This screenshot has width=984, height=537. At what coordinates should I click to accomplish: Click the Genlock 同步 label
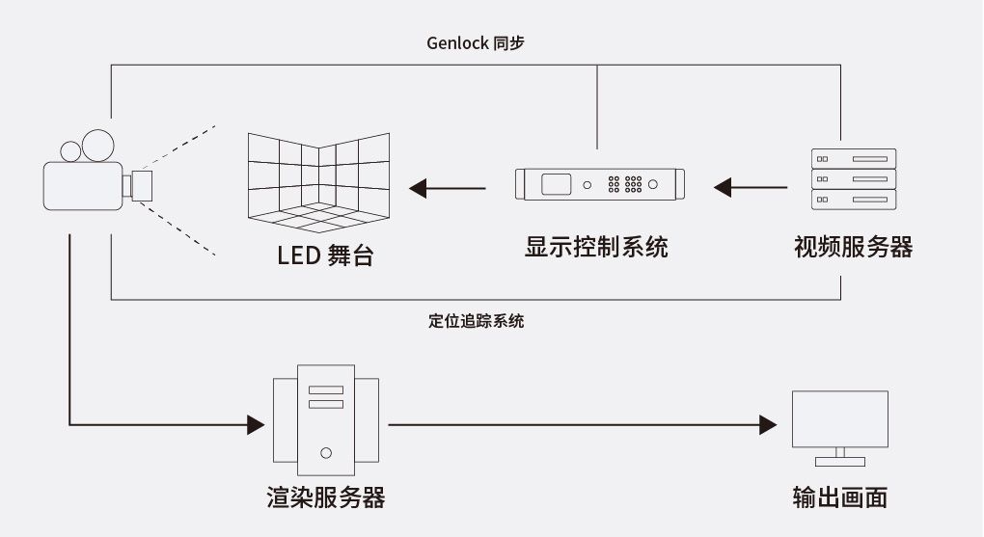point(475,43)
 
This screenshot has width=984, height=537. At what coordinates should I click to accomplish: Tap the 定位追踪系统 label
point(477,321)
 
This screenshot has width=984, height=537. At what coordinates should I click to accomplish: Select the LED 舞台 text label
point(326,255)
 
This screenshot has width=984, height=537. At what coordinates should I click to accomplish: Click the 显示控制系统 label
point(596,247)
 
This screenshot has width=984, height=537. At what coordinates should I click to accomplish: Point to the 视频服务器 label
point(853,247)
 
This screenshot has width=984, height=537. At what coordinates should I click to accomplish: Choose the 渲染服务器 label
point(326,497)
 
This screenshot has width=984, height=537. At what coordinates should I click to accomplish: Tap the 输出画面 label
point(840,497)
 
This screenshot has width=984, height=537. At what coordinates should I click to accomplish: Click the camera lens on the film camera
point(142,186)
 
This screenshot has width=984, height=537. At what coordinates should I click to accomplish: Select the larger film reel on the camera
point(97,146)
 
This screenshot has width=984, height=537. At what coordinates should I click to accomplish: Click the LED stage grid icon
point(318,182)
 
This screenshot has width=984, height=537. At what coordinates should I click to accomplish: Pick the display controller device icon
point(599,184)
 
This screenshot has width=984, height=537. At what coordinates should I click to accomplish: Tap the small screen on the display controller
point(556,184)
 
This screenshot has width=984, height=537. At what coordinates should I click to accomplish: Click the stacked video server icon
point(854,179)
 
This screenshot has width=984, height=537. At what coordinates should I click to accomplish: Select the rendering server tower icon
point(326,420)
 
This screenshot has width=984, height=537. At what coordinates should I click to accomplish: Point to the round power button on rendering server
point(326,453)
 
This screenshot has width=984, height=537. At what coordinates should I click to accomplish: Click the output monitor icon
point(840,428)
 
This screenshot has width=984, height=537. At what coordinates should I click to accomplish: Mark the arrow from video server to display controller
point(751,188)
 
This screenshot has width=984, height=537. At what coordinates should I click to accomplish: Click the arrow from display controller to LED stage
point(448,188)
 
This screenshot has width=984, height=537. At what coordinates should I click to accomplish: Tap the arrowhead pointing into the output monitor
point(768,425)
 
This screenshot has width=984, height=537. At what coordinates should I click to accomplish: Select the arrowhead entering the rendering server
point(256,425)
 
